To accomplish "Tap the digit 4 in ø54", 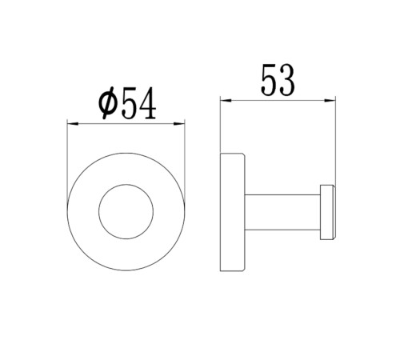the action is coord(148,103).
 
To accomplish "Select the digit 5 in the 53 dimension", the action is coord(270,80).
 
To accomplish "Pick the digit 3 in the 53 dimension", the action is coord(286,80).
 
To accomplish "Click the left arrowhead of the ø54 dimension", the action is coord(73,123).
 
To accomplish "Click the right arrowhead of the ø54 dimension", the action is coord(179,123).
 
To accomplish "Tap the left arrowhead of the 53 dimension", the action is coord(226,100).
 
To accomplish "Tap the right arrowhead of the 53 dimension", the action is coord(330,100).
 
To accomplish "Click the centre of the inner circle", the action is coord(126,211).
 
